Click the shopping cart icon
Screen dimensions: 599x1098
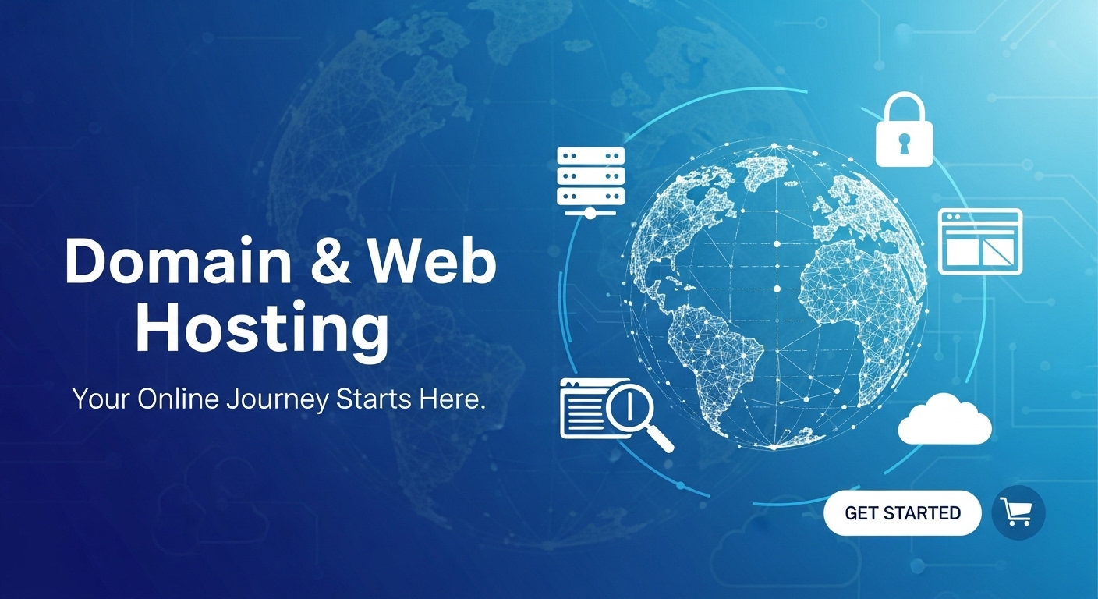click(x=1017, y=512)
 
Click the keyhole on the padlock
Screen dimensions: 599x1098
click(x=905, y=144)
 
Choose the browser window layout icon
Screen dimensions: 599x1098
click(x=979, y=242)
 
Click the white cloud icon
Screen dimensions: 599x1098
click(x=944, y=420)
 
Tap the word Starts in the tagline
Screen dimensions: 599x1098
click(x=375, y=399)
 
